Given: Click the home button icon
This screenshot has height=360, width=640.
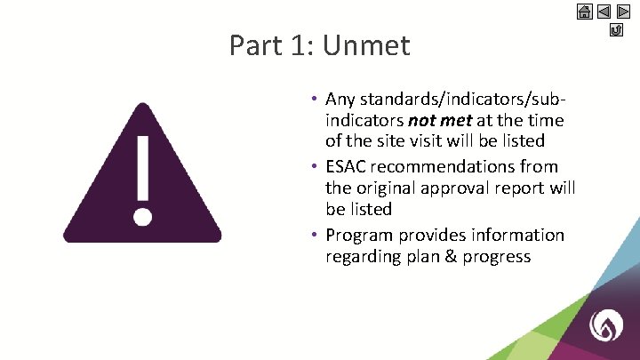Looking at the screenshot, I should point(585,12).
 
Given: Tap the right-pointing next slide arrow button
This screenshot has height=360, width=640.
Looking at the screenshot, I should point(624,12).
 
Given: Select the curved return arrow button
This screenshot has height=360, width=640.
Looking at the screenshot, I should point(616,31).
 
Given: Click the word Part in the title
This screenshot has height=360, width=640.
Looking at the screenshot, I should point(258,44).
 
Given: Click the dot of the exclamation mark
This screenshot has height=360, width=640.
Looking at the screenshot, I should point(141,216).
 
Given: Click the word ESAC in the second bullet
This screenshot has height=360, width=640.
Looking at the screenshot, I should point(348,166).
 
